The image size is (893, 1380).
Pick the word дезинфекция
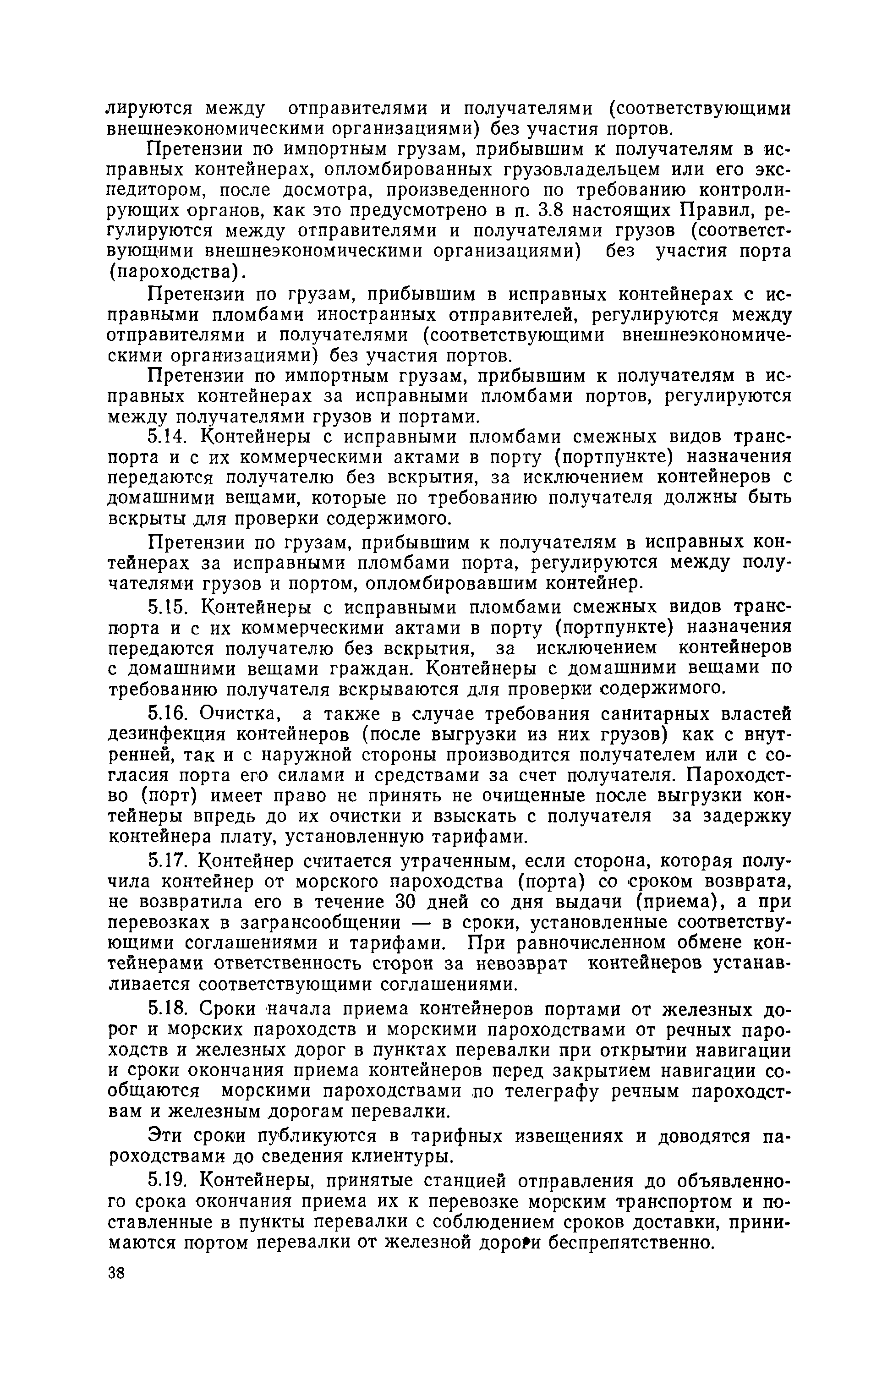click(166, 734)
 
